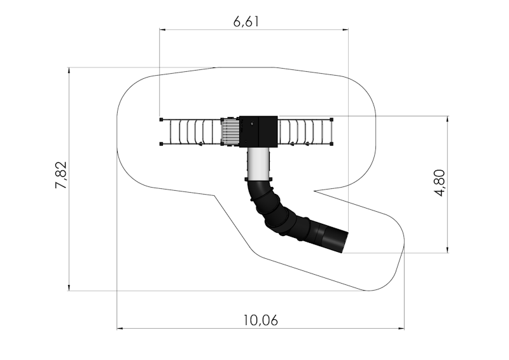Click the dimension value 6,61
point(246,22)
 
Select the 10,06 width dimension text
point(261,321)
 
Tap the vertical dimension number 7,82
point(60,175)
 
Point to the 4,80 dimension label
point(439,183)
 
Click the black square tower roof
point(258,132)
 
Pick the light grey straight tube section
point(258,164)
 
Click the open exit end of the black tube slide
point(345,242)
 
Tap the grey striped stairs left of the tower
point(230,132)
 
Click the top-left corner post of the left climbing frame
point(162,120)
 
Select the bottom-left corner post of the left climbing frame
point(162,144)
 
